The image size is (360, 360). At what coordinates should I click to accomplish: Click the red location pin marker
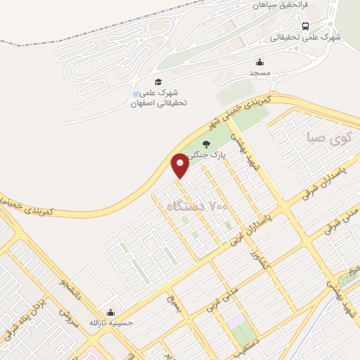coord(180,164)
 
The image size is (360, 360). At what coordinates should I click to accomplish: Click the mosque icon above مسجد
coord(259,61)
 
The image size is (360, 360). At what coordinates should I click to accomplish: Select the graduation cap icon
coord(158,82)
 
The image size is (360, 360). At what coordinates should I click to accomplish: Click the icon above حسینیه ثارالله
coord(110,312)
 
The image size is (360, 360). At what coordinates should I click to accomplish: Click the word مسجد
coord(259,72)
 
